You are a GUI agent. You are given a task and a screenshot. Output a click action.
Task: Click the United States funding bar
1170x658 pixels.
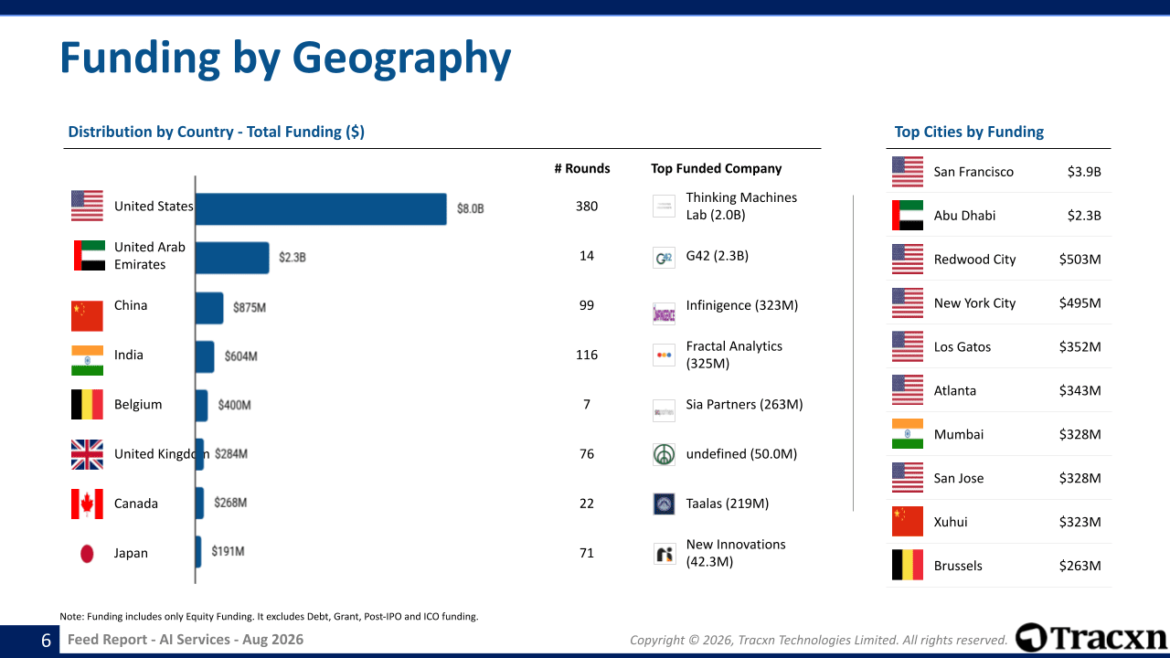[321, 209]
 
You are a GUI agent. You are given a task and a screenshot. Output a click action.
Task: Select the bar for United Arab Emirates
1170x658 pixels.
[232, 258]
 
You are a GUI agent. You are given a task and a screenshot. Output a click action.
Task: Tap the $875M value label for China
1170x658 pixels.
[250, 308]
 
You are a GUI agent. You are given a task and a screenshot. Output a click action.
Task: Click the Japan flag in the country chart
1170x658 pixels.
[87, 554]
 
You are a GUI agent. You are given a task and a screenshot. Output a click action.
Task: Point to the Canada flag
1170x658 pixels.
[87, 504]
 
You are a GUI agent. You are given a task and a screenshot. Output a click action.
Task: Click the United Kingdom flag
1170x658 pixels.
[87, 454]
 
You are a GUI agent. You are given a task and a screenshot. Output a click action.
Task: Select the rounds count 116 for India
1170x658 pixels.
[587, 356]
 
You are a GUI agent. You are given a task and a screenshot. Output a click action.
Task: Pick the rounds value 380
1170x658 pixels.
[587, 207]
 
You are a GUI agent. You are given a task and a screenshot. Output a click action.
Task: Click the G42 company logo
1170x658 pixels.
[664, 258]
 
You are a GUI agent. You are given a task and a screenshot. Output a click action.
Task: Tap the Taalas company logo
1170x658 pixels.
[664, 504]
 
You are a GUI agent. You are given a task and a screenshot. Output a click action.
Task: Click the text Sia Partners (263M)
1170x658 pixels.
[744, 404]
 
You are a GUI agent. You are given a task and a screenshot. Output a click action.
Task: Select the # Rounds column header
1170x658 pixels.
[582, 169]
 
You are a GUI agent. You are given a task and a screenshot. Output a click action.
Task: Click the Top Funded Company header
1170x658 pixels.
[716, 169]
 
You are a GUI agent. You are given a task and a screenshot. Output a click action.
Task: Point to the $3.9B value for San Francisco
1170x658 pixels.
[1084, 172]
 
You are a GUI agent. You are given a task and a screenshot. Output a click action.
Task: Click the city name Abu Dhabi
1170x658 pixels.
[964, 216]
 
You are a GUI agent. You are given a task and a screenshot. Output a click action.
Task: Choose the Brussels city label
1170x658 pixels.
[958, 566]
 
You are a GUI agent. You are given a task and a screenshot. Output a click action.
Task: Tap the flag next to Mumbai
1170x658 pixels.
[908, 434]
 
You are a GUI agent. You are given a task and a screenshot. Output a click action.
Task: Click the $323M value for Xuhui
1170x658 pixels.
[1080, 522]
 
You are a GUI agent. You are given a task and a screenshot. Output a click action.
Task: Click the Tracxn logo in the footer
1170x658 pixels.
[1091, 638]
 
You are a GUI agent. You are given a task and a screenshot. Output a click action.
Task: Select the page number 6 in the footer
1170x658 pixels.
[46, 641]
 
